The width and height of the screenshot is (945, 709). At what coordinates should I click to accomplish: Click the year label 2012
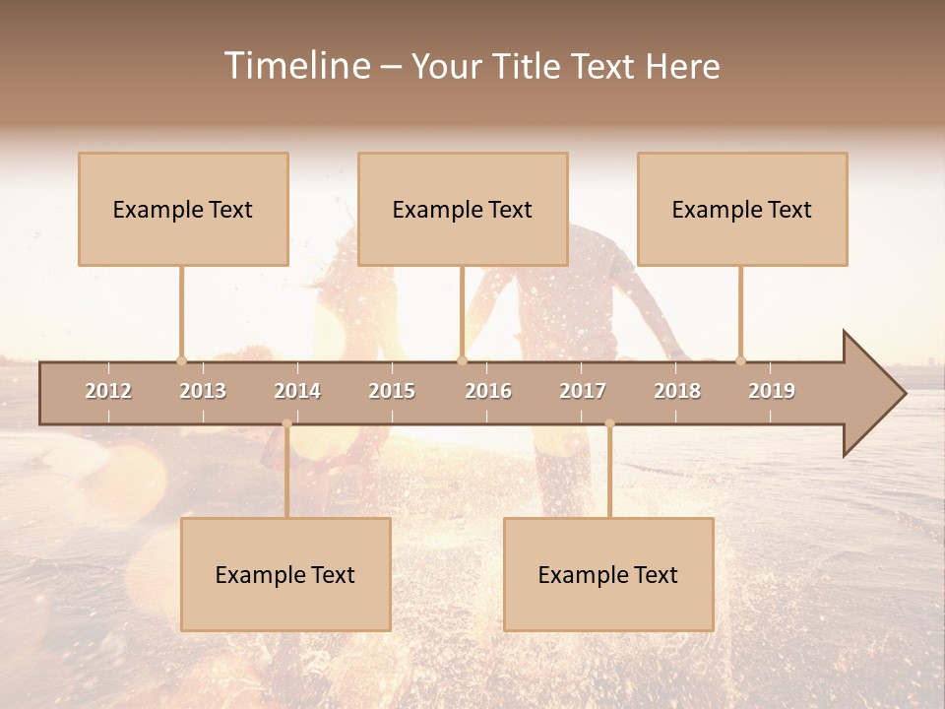click(x=108, y=391)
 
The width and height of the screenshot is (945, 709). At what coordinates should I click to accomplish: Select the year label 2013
click(x=203, y=391)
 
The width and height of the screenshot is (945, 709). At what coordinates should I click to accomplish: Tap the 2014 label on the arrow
click(x=297, y=391)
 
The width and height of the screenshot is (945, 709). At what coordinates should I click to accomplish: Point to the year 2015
click(x=392, y=391)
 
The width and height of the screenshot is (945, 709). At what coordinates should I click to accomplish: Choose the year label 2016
click(x=488, y=391)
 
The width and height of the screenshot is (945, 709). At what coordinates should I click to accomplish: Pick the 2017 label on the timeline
click(x=583, y=391)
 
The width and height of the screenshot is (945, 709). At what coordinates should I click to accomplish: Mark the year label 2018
click(x=677, y=391)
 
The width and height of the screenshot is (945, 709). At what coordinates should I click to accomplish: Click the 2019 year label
click(x=772, y=391)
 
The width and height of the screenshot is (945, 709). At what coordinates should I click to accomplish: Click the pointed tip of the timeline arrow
click(x=903, y=394)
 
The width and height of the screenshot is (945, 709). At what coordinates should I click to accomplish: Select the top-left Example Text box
click(x=183, y=209)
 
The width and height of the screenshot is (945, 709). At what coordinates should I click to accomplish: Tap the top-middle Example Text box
click(x=463, y=209)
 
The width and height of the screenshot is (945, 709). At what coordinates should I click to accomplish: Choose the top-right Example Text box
click(x=742, y=209)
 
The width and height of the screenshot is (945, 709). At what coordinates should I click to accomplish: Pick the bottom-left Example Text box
click(x=285, y=574)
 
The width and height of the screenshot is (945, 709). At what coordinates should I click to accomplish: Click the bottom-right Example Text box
click(x=608, y=574)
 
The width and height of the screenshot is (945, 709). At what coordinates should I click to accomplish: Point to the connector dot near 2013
click(x=181, y=360)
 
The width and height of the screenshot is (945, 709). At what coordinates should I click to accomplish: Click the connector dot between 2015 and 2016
click(x=462, y=360)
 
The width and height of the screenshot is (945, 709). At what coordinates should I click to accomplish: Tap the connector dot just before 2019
click(x=740, y=360)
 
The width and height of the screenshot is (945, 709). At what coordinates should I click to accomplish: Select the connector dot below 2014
click(x=286, y=423)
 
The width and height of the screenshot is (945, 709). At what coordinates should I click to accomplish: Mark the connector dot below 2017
click(x=609, y=423)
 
